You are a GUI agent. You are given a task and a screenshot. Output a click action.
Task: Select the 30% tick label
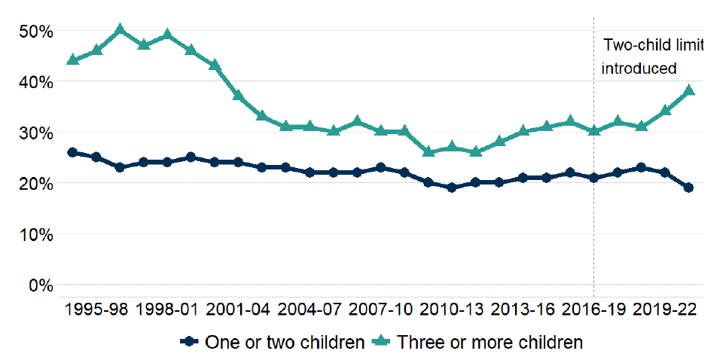pyautogui.click(x=32, y=133)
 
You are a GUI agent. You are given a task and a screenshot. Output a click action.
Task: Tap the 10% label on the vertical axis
pyautogui.click(x=32, y=235)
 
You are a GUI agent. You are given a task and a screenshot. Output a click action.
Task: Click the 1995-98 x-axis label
pyautogui.click(x=96, y=310)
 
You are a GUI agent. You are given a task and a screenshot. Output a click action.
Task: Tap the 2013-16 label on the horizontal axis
pyautogui.click(x=522, y=310)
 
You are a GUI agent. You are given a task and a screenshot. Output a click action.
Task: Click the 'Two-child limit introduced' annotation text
pyautogui.click(x=651, y=56)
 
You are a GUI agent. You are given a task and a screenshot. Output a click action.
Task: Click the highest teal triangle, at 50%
pyautogui.click(x=120, y=29)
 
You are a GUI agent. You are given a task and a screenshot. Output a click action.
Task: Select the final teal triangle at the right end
pyautogui.click(x=688, y=90)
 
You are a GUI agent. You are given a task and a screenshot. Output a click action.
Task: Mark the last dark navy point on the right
pyautogui.click(x=688, y=188)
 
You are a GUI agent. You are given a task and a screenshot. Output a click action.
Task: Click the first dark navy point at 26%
pyautogui.click(x=72, y=152)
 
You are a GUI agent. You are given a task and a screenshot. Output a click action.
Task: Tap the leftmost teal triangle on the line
pyautogui.click(x=72, y=59)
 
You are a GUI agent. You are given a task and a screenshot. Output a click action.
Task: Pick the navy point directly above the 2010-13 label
pyautogui.click(x=451, y=188)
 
